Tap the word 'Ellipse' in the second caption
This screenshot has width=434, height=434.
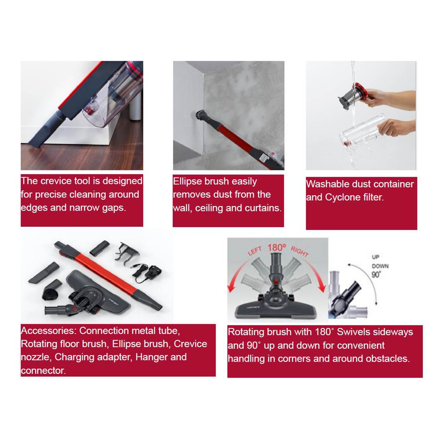point(187,181)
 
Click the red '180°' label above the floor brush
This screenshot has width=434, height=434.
point(276,247)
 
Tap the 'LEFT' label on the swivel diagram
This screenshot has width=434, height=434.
point(255,251)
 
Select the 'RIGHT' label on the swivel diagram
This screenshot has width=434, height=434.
point(300,251)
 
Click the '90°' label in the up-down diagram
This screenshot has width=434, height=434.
point(376,275)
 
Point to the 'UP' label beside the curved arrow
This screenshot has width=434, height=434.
point(376,257)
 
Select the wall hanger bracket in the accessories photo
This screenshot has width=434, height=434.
point(126,253)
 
